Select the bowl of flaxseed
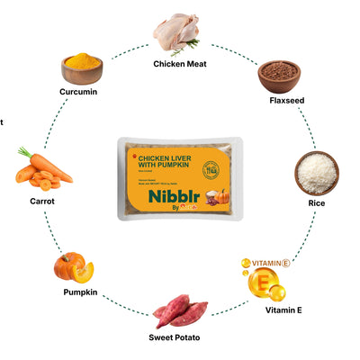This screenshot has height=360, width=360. click(x=278, y=77)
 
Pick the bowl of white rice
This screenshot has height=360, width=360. click(x=317, y=173)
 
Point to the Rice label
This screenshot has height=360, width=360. click(x=317, y=203)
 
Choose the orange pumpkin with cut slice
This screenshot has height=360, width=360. click(x=72, y=267)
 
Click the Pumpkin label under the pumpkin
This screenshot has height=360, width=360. click(x=80, y=293)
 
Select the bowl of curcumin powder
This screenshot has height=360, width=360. click(x=82, y=67)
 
